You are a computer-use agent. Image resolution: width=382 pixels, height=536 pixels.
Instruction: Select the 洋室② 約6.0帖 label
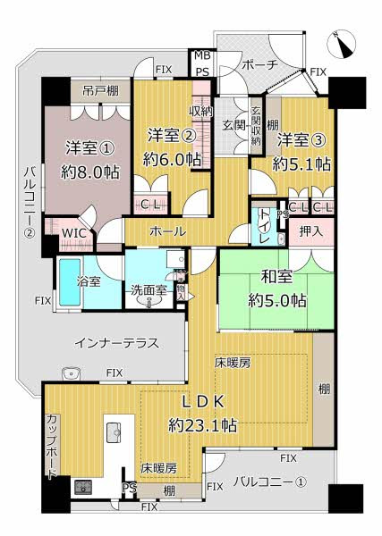(x=174, y=147)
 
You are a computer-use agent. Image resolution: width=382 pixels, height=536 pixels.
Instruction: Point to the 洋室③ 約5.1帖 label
(x=301, y=152)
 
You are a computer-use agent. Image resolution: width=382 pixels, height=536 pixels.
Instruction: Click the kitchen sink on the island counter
(x=114, y=431)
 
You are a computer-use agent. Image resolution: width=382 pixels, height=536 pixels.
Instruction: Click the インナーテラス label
(x=116, y=342)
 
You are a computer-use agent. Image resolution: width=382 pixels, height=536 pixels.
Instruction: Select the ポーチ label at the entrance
(x=260, y=64)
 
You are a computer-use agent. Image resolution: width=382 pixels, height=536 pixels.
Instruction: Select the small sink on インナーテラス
(x=72, y=373)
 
